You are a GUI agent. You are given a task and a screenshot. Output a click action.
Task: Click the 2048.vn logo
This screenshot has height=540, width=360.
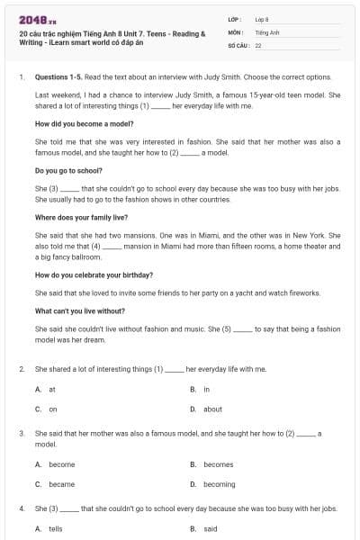34,19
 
